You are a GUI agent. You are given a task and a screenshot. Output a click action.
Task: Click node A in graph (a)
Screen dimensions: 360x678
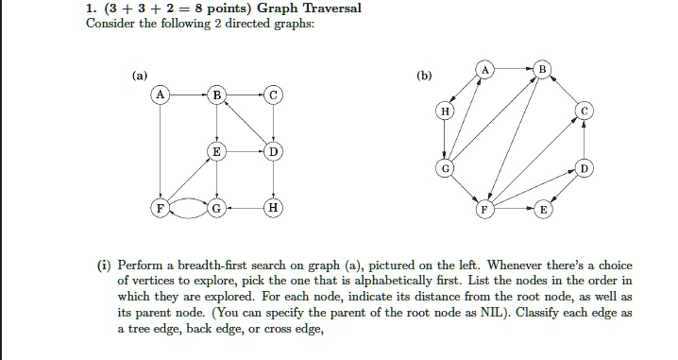point(162,95)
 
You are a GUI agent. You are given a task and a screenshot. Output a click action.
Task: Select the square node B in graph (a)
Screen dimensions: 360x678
point(218,95)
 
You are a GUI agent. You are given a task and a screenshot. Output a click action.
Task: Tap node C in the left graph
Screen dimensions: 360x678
point(273,95)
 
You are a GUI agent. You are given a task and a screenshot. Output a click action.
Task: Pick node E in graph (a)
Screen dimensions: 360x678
point(218,151)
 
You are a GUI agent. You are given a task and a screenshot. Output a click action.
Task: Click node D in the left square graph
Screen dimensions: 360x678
point(273,151)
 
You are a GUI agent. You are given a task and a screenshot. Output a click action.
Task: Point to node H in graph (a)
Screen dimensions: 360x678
point(273,207)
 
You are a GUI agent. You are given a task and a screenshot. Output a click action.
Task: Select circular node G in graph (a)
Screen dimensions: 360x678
point(218,207)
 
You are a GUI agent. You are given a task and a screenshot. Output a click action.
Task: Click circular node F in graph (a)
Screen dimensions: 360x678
point(162,207)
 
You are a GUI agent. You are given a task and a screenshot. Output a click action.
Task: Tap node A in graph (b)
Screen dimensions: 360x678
point(485,69)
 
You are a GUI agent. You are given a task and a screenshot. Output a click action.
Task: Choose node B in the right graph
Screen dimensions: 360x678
point(541,69)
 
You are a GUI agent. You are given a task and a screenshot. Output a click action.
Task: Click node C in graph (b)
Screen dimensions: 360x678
point(585,111)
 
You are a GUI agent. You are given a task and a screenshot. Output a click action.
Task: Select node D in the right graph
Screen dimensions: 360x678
point(585,168)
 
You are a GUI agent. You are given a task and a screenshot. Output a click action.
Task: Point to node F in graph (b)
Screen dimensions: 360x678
point(485,209)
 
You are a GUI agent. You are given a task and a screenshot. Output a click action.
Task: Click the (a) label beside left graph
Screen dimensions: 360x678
point(141,73)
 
